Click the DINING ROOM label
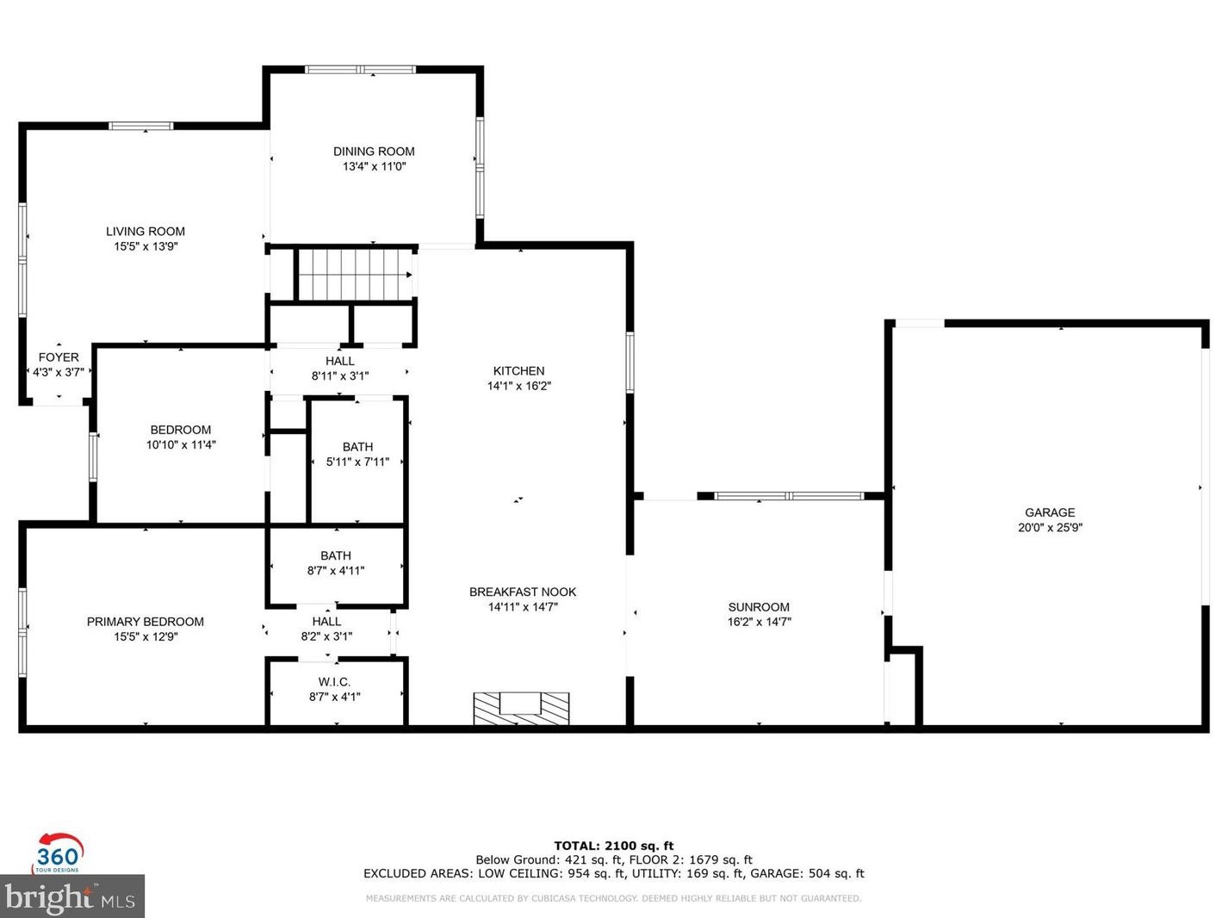point(374,152)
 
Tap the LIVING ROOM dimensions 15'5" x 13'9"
point(146,246)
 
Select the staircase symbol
point(355,275)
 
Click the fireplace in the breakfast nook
point(521,708)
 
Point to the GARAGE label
point(1050,512)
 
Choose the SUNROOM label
point(759,607)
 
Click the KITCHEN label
point(518,371)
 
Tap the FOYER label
point(59,357)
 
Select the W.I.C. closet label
point(334,682)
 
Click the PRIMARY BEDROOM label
point(146,622)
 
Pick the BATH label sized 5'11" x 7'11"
point(357,447)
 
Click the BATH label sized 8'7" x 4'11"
point(336,556)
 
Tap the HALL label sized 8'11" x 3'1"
point(340,362)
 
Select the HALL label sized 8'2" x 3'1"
point(326,622)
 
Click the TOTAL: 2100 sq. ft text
point(613,846)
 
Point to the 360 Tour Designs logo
point(58,853)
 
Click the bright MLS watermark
point(72,897)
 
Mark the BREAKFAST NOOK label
point(523,592)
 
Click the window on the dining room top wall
point(360,70)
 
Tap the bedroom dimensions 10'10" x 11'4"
point(181,445)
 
